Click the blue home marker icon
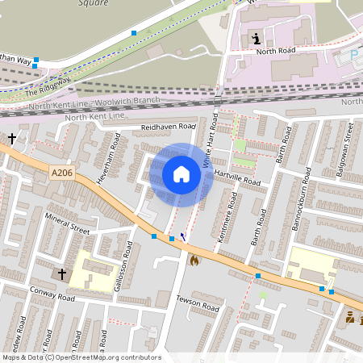(181, 173)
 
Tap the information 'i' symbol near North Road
(257, 38)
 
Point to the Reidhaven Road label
(169, 127)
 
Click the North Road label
(276, 50)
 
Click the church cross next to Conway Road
(62, 274)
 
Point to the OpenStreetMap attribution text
(81, 357)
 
